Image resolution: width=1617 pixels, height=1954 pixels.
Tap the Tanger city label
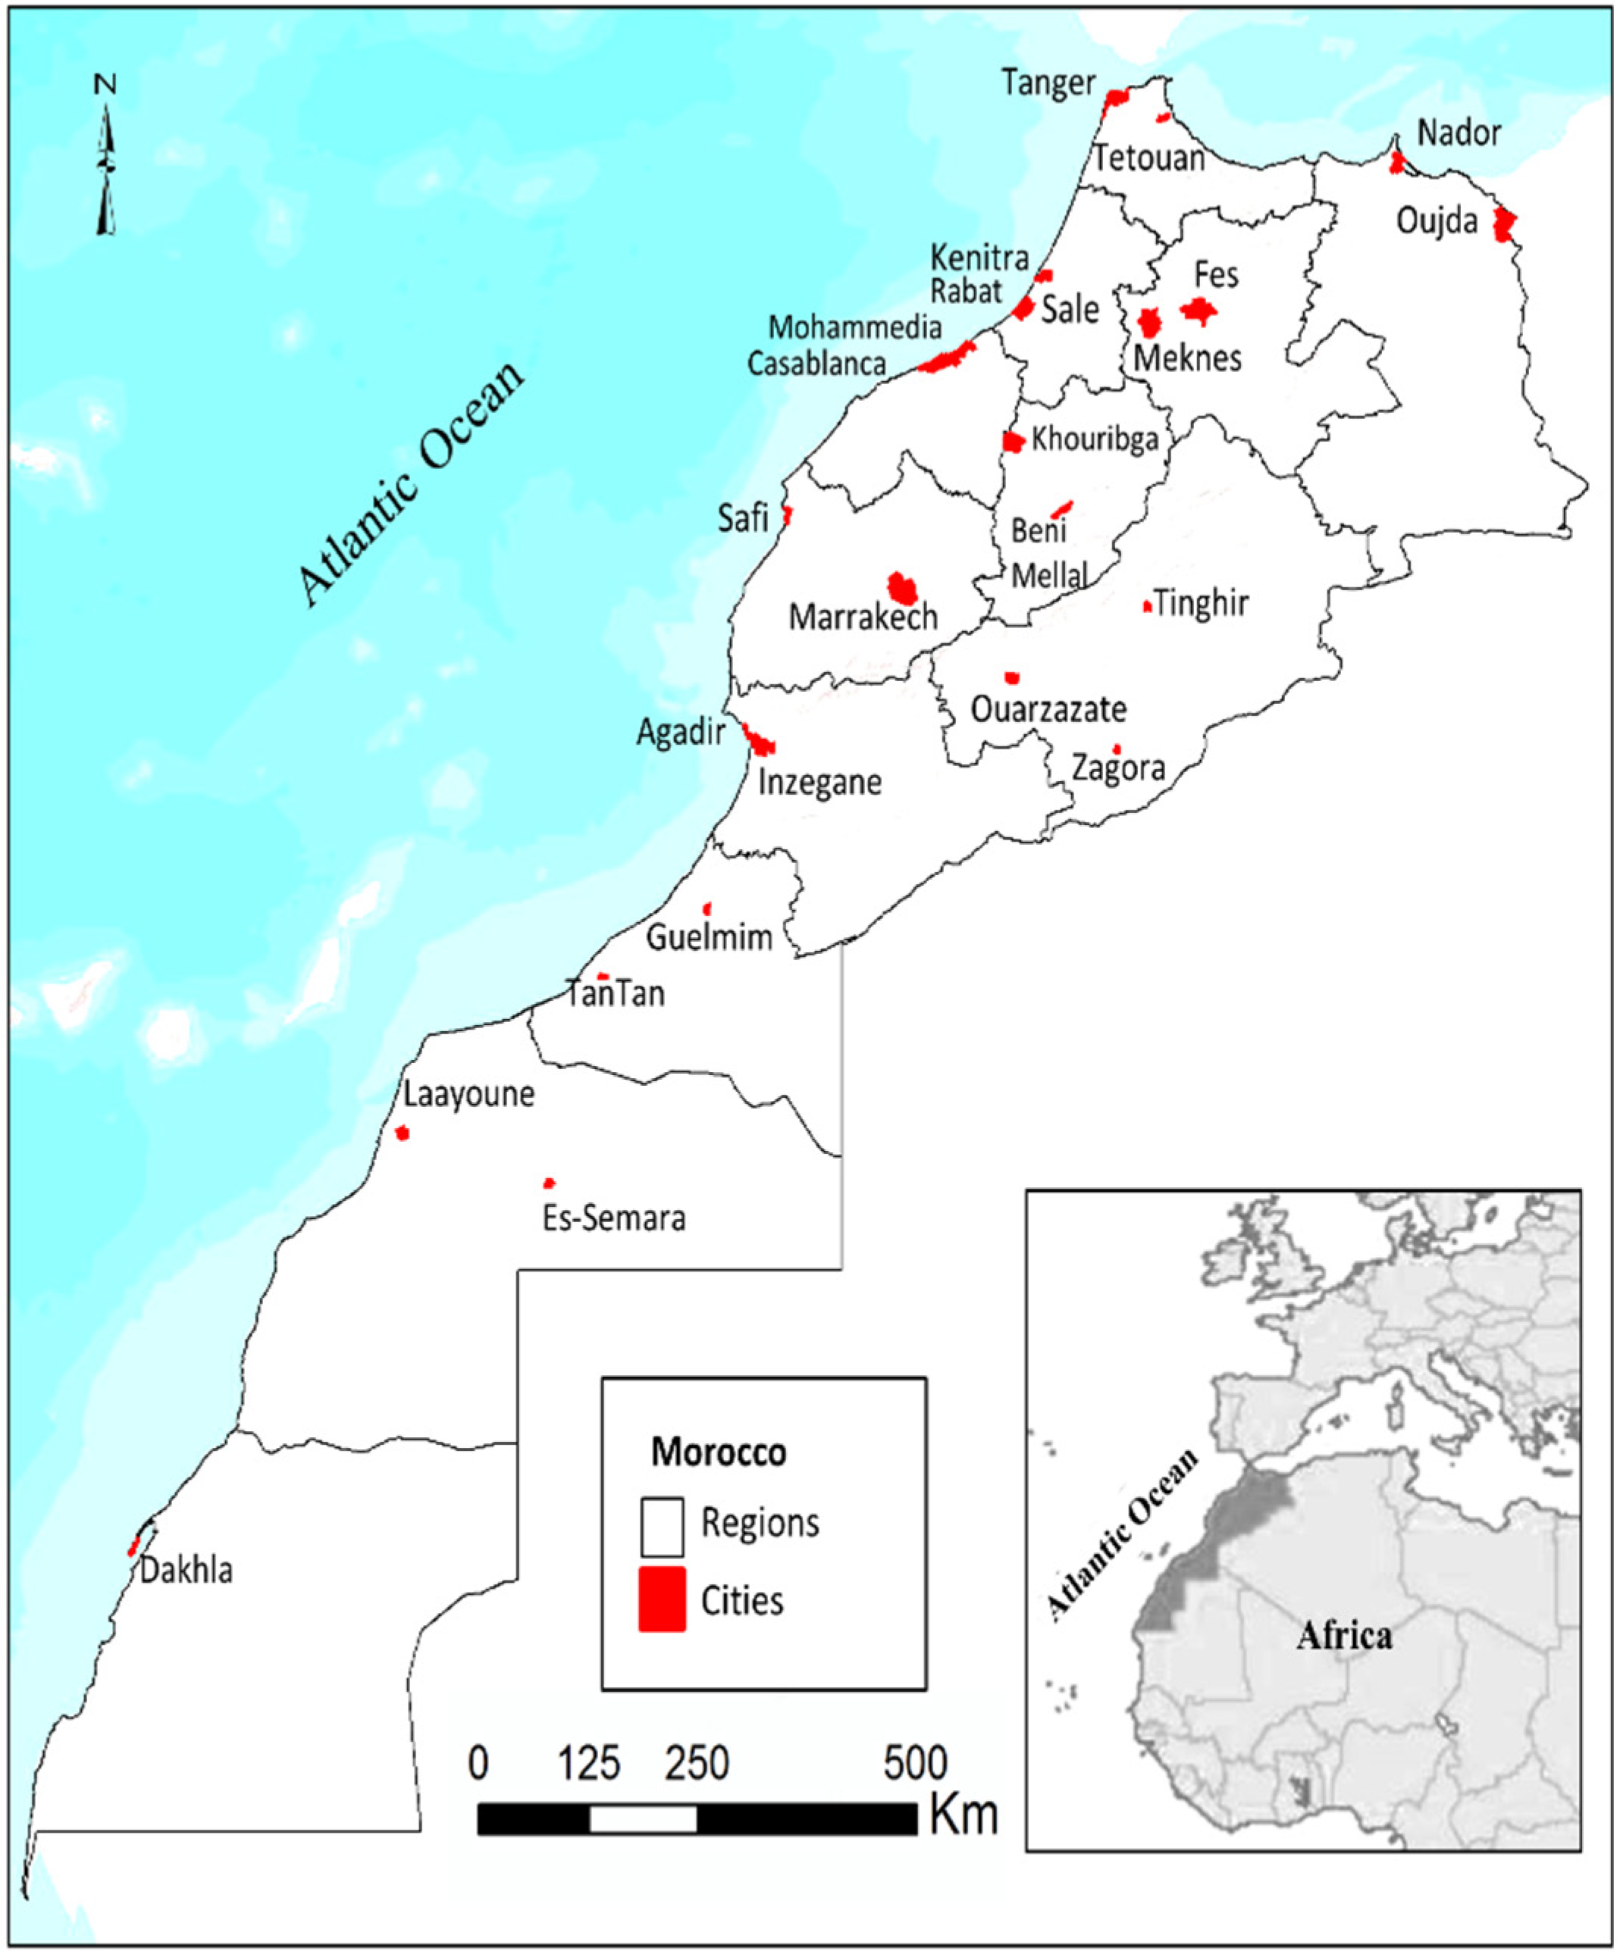[x=1048, y=84]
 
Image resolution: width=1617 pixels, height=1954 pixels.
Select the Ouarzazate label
[x=1048, y=710]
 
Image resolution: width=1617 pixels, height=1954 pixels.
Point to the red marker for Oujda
[x=1503, y=224]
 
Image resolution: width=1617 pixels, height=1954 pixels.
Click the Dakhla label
[x=186, y=1571]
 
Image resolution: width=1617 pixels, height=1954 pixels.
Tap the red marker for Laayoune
[x=402, y=1133]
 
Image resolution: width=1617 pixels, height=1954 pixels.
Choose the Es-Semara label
[x=614, y=1218]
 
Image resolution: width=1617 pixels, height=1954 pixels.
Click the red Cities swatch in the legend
[x=662, y=1599]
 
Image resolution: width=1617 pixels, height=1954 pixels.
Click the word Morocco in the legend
[x=719, y=1452]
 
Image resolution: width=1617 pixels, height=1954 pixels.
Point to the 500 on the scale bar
[x=915, y=1763]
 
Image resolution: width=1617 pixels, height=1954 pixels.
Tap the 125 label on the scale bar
[x=589, y=1763]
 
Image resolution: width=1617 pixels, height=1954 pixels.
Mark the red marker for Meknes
[x=1150, y=323]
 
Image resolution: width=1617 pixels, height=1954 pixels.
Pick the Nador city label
[x=1459, y=134]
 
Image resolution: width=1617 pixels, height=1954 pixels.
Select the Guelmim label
[x=710, y=937]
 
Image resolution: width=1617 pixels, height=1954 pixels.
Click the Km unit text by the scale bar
[x=964, y=1815]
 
